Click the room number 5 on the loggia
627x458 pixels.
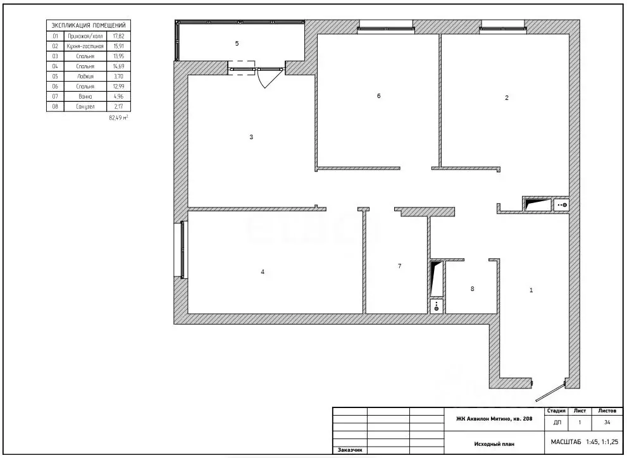(237, 43)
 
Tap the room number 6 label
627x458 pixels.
(379, 96)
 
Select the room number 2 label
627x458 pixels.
(507, 97)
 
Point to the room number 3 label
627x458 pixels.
(251, 137)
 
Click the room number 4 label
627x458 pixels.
(263, 272)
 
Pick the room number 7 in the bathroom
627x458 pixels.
(399, 266)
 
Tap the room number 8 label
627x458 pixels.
(472, 288)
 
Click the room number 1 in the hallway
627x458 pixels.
(531, 290)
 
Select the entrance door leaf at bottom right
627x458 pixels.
(550, 392)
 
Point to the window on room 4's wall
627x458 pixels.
(181, 249)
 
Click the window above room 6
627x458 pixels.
(385, 27)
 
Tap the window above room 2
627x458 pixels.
(502, 27)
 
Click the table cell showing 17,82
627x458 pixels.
(119, 36)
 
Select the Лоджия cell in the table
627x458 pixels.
(85, 77)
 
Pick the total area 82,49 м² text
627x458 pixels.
(118, 118)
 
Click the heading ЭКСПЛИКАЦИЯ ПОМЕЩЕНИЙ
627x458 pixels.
(89, 25)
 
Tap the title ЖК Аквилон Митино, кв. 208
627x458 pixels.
(494, 419)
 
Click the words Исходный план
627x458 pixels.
(494, 444)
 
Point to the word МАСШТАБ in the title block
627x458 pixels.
(566, 442)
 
